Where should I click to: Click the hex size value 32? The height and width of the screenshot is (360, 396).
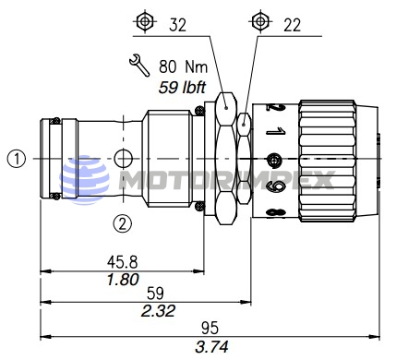coord(177,25)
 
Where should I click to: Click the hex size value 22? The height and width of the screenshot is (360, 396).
coord(292,25)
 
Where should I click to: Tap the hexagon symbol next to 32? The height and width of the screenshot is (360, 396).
coord(144,21)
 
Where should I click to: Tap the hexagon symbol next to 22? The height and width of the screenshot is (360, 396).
coord(260,21)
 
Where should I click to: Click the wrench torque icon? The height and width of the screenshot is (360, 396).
coord(139,66)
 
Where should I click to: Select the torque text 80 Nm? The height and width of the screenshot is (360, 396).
coord(184,66)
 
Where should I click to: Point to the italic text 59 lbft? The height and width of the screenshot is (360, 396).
coord(182,88)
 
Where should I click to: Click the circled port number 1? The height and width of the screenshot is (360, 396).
coord(17,159)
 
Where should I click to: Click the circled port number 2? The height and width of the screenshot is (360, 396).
coord(123,223)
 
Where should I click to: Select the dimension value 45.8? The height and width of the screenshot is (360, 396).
coord(122,262)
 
